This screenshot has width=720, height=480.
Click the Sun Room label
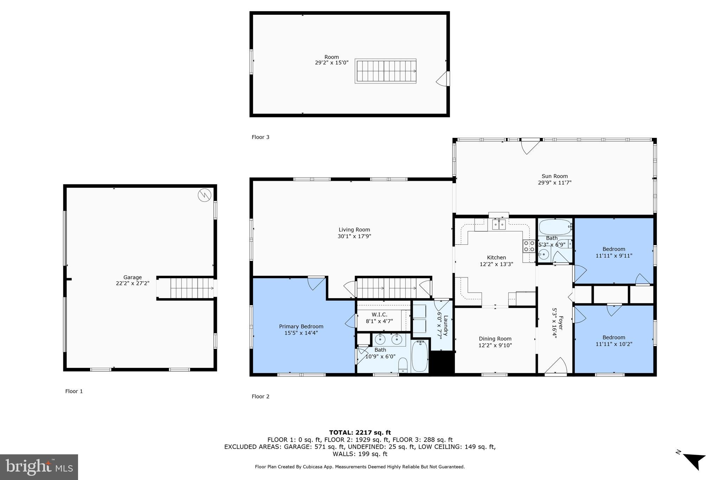(554, 176)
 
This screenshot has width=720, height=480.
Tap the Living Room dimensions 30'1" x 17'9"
(354, 236)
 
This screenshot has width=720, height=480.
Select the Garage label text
(132, 277)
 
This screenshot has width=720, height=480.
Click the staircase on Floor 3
(385, 71)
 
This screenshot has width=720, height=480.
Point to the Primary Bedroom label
(301, 326)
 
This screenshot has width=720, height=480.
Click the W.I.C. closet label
(379, 314)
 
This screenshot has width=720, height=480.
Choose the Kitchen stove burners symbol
(529, 246)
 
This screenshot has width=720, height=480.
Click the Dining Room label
(495, 339)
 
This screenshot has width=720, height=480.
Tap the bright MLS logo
(39, 467)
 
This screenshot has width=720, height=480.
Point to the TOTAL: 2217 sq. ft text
(360, 433)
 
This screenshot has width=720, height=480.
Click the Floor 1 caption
(74, 391)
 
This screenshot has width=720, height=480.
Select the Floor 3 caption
(260, 137)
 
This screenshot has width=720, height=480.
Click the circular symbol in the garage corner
(204, 195)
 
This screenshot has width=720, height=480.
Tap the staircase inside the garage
(192, 288)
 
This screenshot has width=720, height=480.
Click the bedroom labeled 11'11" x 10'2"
(613, 340)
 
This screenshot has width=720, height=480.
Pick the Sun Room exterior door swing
(530, 146)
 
